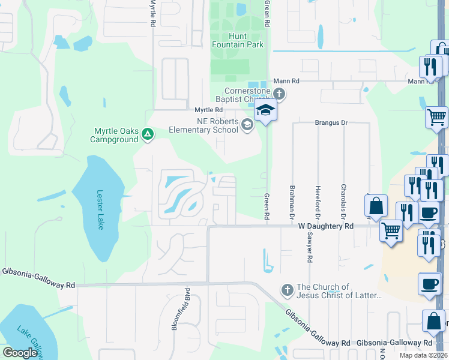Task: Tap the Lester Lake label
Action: tap(101, 209)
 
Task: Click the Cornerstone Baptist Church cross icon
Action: tap(279, 94)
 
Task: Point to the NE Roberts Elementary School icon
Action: tap(246, 124)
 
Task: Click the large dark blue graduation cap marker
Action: tap(265, 110)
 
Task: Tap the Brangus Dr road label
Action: tap(331, 122)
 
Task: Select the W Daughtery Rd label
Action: tap(326, 226)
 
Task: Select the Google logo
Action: tap(20, 353)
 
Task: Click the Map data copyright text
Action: tap(423, 355)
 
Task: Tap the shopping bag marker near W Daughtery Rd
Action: tap(376, 206)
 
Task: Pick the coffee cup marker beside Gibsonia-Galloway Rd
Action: tap(429, 284)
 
